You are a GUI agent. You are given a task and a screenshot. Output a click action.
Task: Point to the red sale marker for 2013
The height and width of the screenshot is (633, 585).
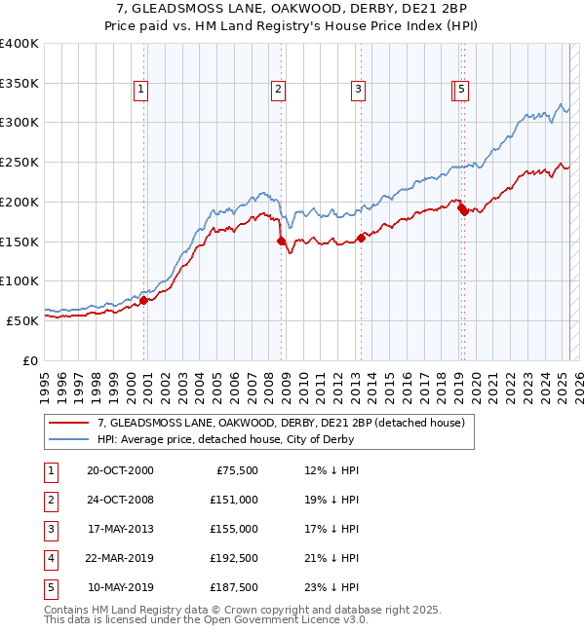tap(361, 237)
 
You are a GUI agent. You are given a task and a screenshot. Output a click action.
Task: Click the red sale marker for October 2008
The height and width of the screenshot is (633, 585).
tap(282, 241)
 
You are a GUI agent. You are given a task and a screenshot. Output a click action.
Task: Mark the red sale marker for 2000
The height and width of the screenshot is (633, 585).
tap(144, 300)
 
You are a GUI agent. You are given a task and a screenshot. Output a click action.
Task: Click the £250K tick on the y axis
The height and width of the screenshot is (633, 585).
tap(19, 162)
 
